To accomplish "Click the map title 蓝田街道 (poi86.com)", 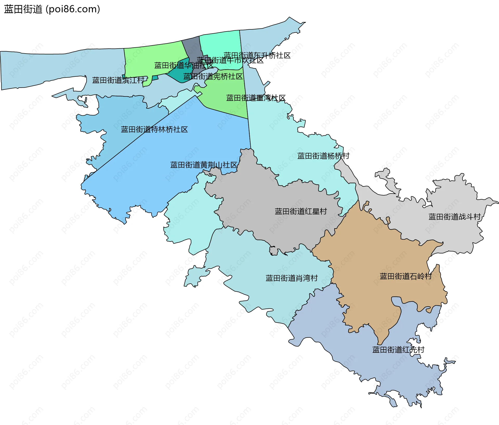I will pos(52,9).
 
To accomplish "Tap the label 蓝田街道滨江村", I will pos(118,80).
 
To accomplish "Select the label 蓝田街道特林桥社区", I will pos(154,129).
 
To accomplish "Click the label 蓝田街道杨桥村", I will pos(323,156).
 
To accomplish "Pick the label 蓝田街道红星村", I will pos(301,211).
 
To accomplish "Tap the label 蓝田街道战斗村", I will pos(454,217).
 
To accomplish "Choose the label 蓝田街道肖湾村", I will pos(291,278).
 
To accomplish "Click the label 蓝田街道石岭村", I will pos(405,276).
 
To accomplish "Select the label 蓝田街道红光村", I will pos(398,350).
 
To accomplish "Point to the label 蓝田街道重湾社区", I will pos(256,98).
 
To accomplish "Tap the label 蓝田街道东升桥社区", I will pos(257,55).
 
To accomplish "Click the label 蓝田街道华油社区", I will pos(183,65).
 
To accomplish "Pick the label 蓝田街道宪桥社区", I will pos(213,76).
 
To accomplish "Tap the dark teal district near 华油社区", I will pos(179,74).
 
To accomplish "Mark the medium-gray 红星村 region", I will pos(260,203).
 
